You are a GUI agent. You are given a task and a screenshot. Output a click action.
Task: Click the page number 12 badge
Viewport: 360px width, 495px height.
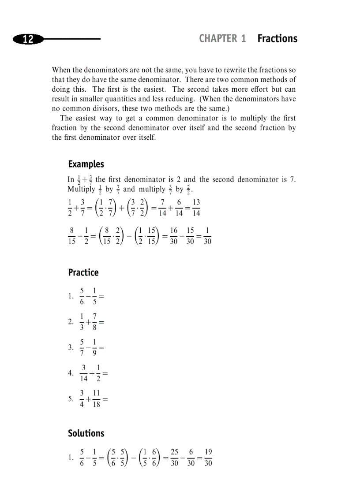point(28,39)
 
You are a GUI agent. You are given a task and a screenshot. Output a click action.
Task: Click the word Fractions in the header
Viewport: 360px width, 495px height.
point(277,39)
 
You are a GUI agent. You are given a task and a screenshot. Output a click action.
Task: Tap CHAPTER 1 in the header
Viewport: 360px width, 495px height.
point(222,39)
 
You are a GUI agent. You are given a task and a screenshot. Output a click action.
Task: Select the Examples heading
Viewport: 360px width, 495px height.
point(86,164)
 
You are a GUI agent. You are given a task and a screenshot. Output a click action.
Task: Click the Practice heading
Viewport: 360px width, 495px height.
point(83,272)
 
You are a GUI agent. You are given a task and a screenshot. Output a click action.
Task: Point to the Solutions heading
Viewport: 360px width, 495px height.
point(86,433)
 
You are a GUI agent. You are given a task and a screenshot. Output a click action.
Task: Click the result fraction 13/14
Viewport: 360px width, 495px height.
point(196,208)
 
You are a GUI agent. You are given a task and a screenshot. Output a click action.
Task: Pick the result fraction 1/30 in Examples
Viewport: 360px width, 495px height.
point(207,236)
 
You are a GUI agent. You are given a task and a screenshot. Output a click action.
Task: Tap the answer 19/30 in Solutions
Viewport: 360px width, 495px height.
point(208,458)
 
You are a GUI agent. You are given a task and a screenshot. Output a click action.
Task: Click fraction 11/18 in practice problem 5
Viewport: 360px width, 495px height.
point(96,398)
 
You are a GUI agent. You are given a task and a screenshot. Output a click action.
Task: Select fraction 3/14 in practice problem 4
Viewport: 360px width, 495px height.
point(84,373)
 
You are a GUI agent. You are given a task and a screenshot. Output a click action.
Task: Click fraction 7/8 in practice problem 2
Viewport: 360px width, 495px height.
point(95,322)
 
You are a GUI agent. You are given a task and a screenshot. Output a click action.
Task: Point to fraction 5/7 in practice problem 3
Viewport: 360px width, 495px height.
point(82,347)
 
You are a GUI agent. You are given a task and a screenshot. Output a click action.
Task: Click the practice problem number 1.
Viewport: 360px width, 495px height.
point(71,296)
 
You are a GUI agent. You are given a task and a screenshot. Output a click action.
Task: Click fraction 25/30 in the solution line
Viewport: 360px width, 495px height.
point(175,458)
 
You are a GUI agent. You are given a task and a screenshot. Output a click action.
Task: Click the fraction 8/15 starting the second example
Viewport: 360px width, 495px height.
point(72,236)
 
